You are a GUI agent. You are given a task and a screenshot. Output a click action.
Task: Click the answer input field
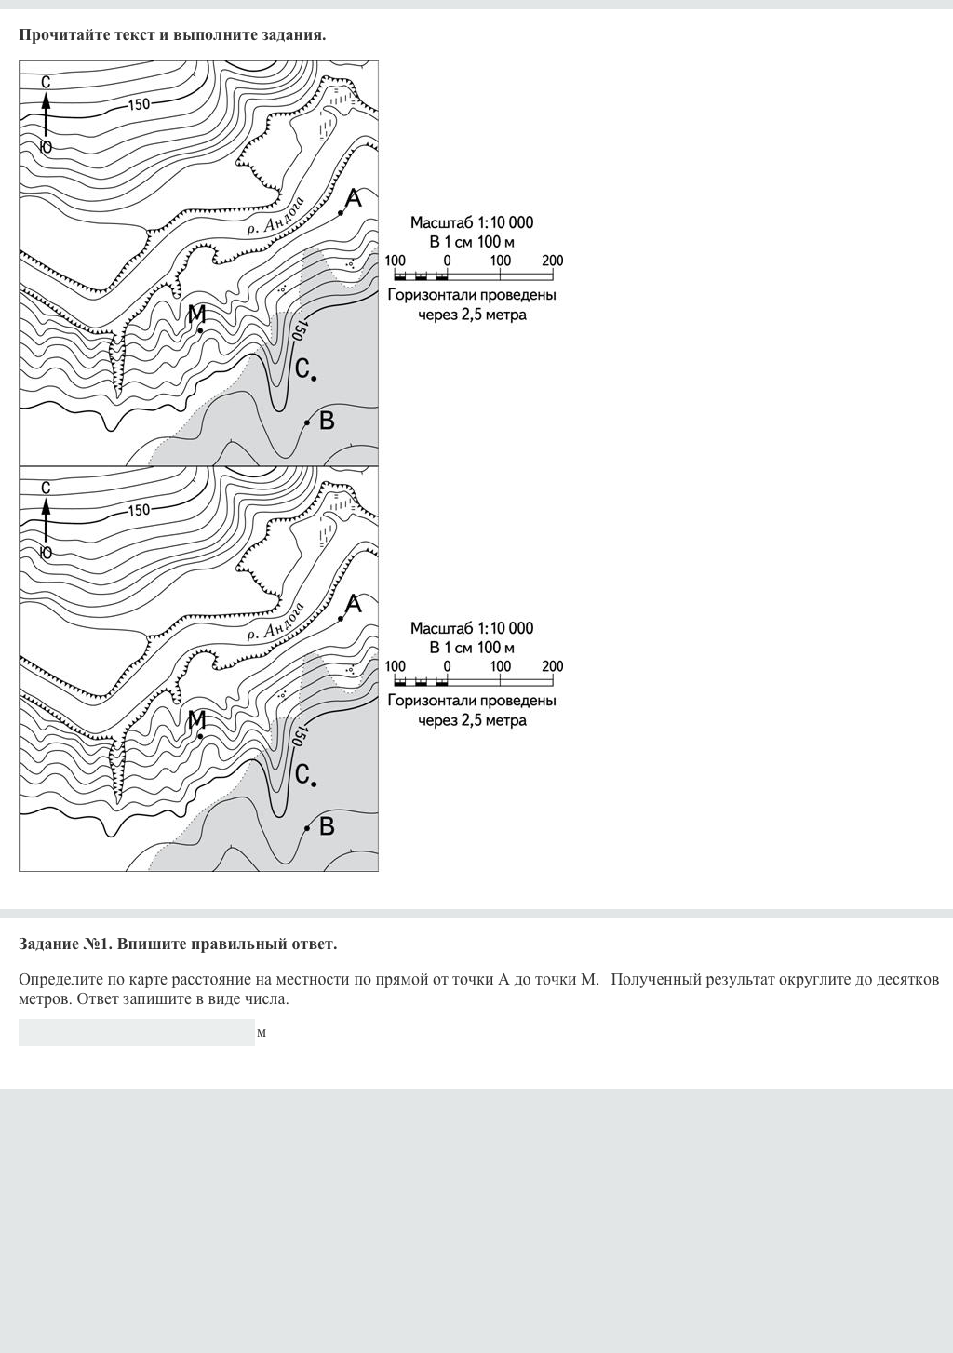coord(136,1032)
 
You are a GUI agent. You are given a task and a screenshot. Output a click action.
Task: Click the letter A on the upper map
coord(353,198)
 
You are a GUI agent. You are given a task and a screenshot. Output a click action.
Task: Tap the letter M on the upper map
coord(196,315)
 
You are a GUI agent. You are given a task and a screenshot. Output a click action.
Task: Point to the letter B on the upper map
coord(327,421)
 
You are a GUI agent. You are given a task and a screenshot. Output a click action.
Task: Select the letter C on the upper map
coord(302,368)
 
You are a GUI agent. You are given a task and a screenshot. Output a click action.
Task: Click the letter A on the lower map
coord(353,605)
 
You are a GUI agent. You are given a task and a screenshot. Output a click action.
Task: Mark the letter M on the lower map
coord(196,720)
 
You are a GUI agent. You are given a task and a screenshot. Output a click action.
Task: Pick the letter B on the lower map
coord(327,826)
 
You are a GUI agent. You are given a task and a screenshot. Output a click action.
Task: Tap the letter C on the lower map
coord(302,774)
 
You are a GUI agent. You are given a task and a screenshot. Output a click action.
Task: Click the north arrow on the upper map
coord(45,114)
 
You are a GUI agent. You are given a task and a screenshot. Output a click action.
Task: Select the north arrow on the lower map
coord(45,520)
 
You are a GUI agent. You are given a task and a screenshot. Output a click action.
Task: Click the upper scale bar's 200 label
coord(552,261)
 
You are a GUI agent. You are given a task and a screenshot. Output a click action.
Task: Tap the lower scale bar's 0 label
coord(447,666)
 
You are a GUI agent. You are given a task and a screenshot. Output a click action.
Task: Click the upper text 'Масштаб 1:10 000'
coord(472,222)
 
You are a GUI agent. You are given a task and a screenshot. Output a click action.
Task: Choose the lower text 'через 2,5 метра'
coord(472,720)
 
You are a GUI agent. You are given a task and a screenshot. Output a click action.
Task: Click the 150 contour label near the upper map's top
coord(138,104)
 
